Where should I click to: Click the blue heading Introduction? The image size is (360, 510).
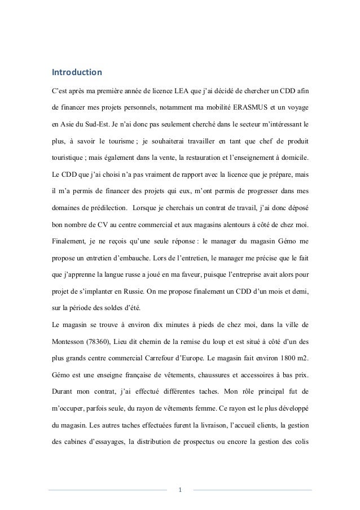point(77,73)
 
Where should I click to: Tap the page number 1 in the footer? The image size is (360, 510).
point(179,489)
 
